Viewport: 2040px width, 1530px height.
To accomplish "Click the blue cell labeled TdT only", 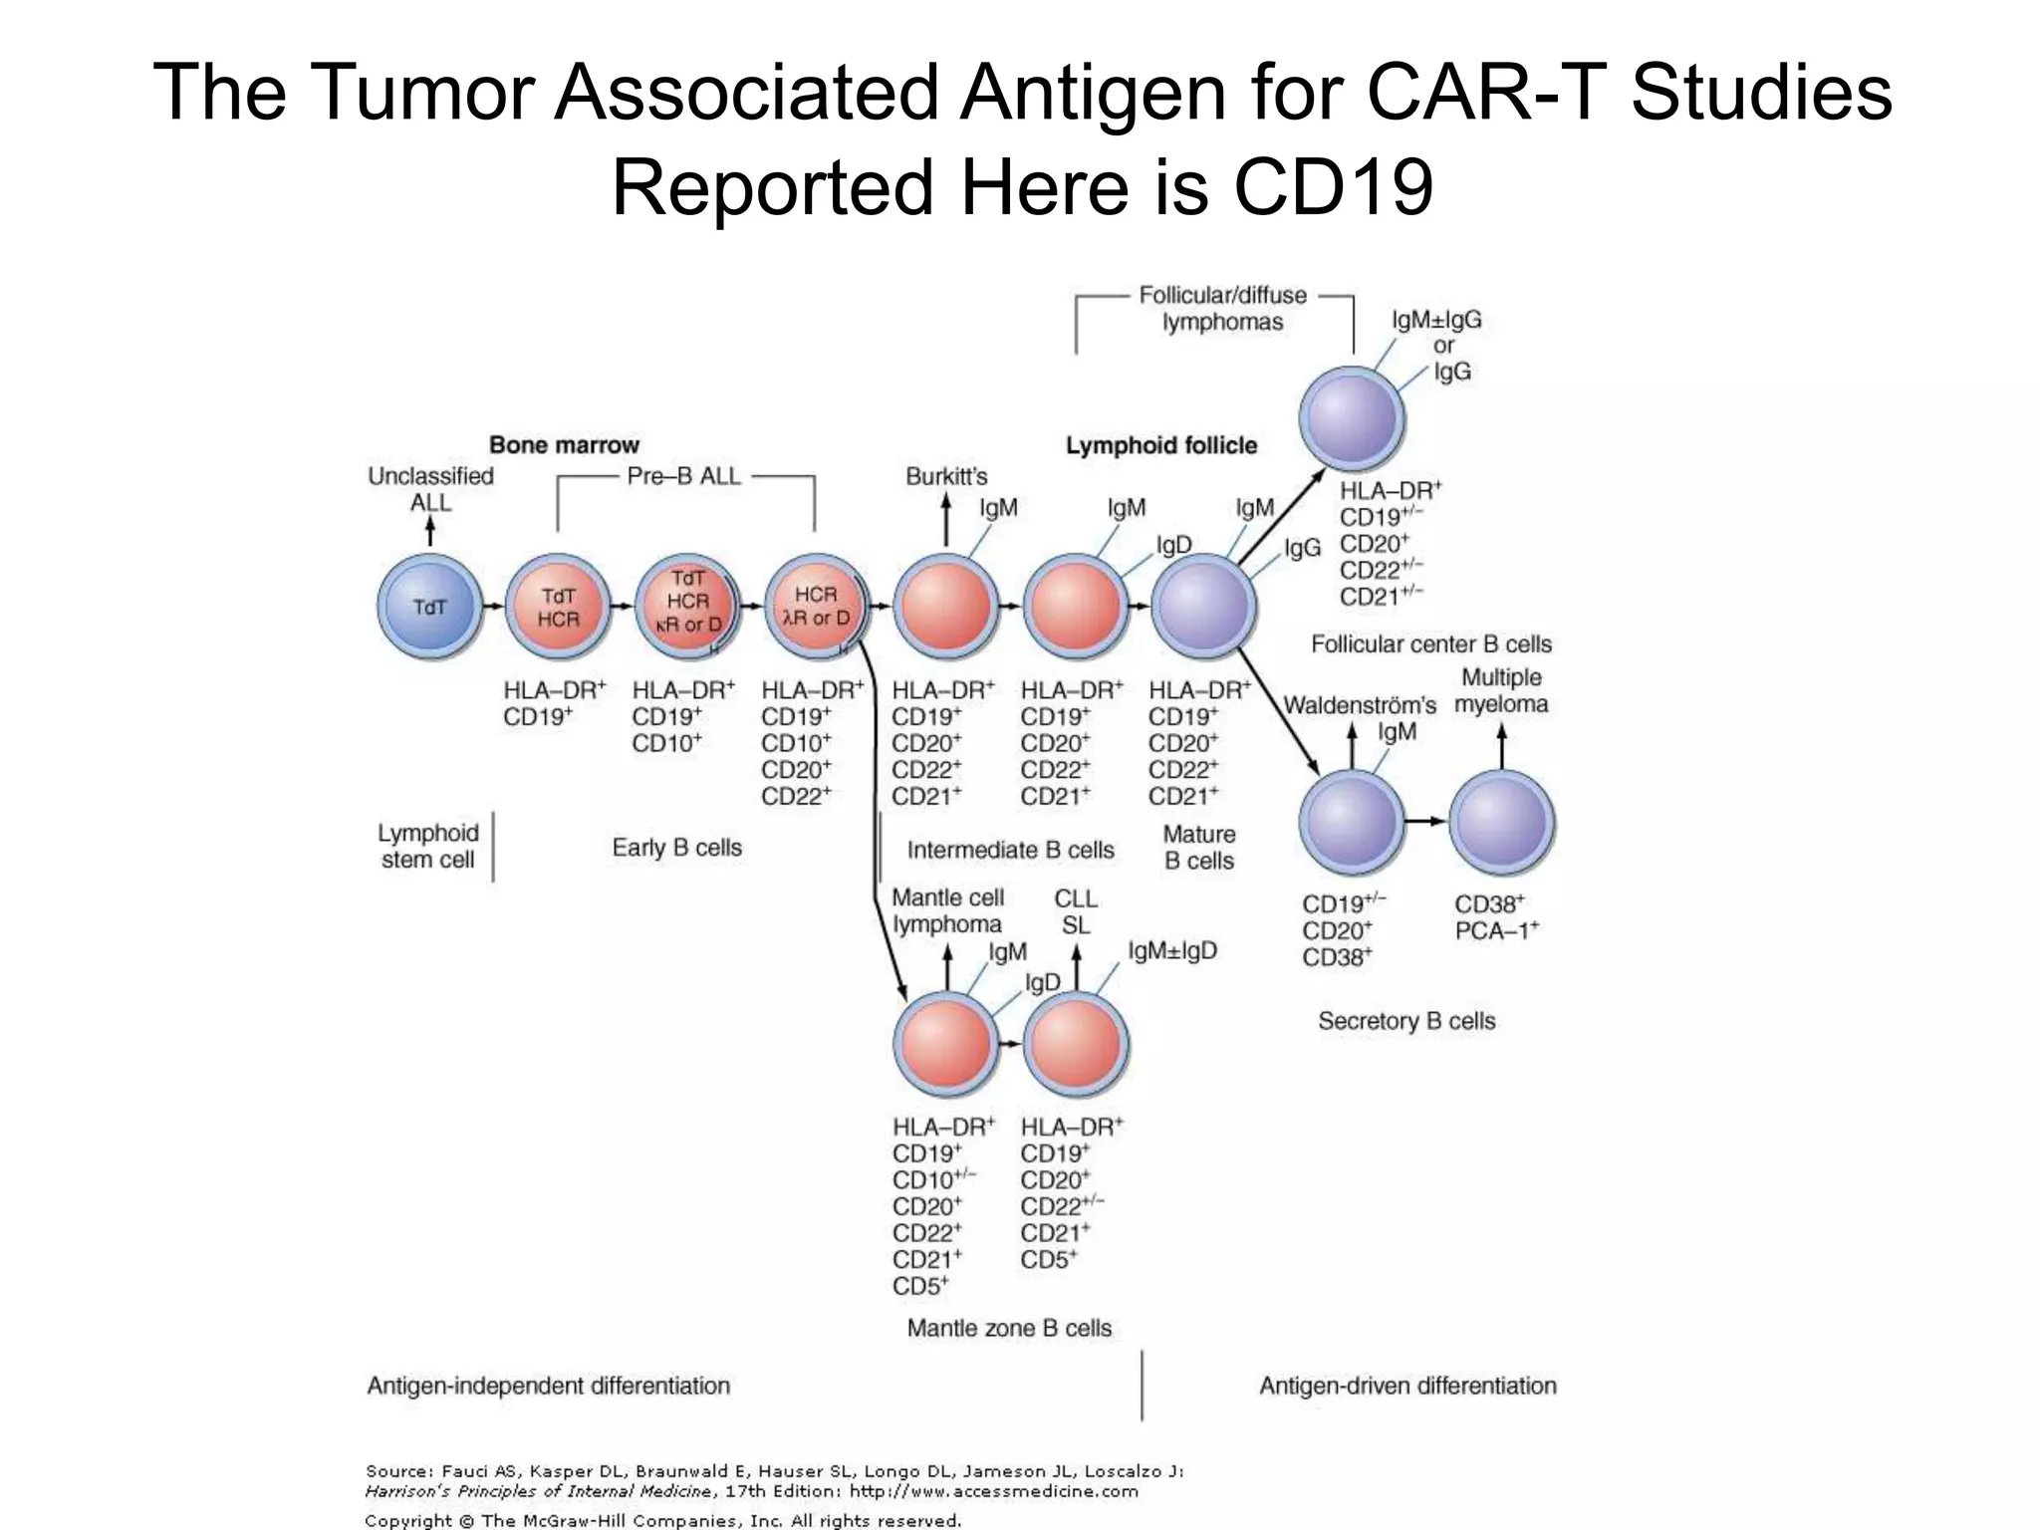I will (429, 607).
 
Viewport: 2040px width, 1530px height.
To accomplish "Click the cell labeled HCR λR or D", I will (815, 606).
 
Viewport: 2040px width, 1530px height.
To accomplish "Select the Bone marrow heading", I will (564, 445).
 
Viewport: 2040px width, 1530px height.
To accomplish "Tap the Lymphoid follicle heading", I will (1161, 445).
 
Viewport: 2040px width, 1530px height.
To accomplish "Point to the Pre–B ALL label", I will (684, 476).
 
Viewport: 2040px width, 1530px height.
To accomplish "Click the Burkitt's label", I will (946, 476).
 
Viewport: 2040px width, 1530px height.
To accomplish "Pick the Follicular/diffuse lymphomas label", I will (1222, 309).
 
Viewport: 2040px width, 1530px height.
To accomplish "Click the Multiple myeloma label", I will (1501, 691).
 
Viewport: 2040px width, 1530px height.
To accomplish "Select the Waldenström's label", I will (1360, 705).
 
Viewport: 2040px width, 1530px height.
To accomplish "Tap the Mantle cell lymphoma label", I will (947, 910).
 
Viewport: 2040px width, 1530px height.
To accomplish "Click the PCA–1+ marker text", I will (1497, 931).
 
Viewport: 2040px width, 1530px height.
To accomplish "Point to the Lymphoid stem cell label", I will (428, 846).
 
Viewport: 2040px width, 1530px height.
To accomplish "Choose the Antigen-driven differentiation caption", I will (1407, 1386).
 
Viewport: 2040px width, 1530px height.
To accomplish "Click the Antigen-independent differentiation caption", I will (549, 1386).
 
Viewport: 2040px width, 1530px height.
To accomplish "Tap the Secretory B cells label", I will (1406, 1021).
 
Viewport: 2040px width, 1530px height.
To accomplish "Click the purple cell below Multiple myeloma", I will (1501, 823).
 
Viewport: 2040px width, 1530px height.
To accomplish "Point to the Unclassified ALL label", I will (430, 489).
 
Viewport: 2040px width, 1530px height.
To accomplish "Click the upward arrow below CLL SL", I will (1076, 967).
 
